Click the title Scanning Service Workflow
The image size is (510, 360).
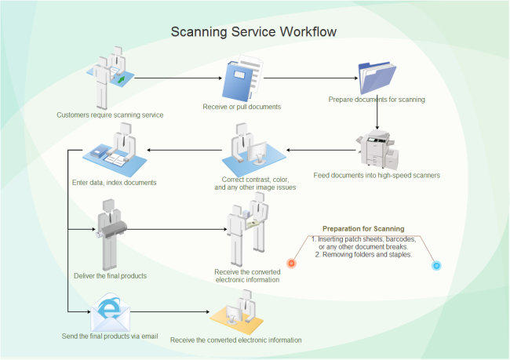254,32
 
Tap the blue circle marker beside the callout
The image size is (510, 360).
437,266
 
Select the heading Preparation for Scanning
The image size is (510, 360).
362,229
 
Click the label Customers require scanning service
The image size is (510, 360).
110,115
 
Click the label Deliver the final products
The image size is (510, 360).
110,276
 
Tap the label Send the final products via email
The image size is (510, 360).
110,336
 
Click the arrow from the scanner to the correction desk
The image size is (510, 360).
318,149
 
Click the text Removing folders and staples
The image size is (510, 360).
363,255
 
